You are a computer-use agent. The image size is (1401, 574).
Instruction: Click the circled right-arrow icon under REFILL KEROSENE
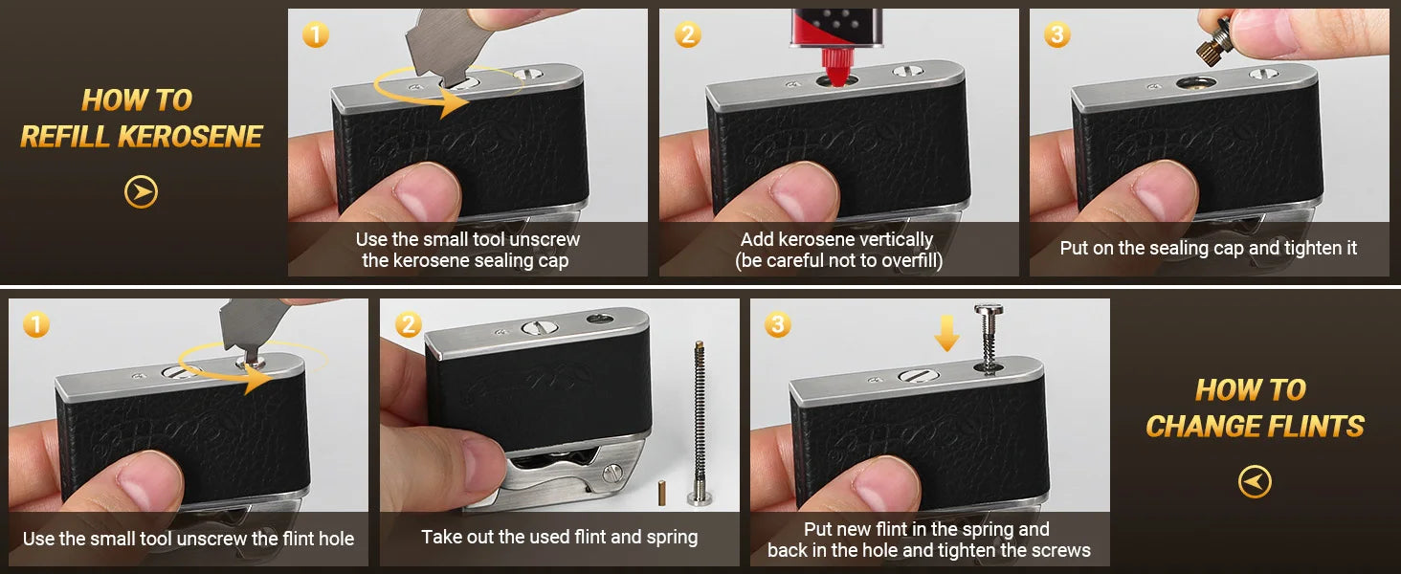pyautogui.click(x=141, y=191)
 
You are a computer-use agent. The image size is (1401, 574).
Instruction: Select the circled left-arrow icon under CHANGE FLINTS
pyautogui.click(x=1255, y=481)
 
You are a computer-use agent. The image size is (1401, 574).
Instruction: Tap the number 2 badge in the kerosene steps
pyautogui.click(x=687, y=34)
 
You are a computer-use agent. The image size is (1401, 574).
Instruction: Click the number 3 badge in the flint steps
pyautogui.click(x=777, y=324)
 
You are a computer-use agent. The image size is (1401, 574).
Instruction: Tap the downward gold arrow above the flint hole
pyautogui.click(x=947, y=332)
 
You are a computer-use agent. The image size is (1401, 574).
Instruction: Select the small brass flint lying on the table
pyautogui.click(x=661, y=492)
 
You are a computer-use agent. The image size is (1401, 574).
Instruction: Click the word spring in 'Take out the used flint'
pyautogui.click(x=673, y=538)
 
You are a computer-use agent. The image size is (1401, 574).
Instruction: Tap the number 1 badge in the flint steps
pyautogui.click(x=35, y=324)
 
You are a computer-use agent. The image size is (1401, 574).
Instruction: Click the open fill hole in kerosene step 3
pyautogui.click(x=1195, y=83)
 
